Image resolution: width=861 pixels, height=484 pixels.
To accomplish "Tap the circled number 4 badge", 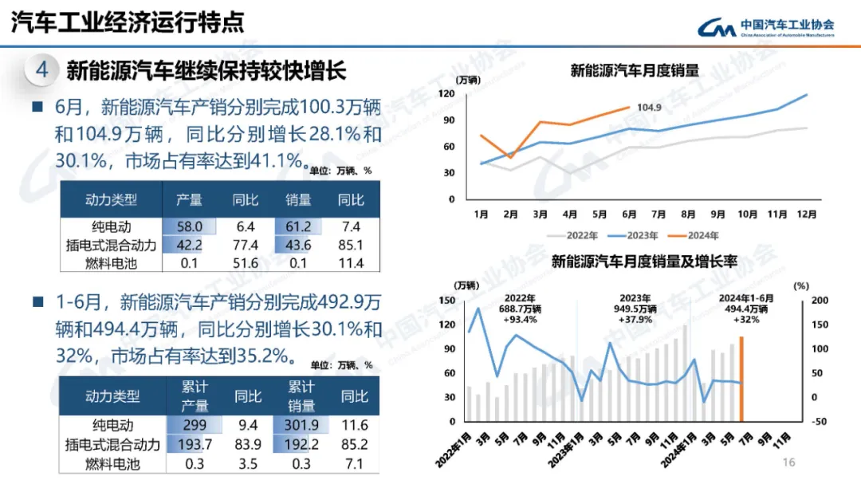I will pyautogui.click(x=42, y=70).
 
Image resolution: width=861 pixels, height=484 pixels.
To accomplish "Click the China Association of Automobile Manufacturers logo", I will pyautogui.click(x=765, y=28).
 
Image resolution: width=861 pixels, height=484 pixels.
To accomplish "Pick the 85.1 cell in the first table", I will pyautogui.click(x=351, y=246).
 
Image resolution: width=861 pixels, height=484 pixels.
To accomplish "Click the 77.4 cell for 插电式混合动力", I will pyautogui.click(x=246, y=246).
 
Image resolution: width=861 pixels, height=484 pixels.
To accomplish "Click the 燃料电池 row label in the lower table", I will pyautogui.click(x=112, y=463).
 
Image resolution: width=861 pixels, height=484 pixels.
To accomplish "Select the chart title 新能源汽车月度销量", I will pyautogui.click(x=635, y=70).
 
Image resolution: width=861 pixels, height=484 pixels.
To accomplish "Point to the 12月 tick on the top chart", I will pyautogui.click(x=806, y=214).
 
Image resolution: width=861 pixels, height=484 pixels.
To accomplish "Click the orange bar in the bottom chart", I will pyautogui.click(x=741, y=379).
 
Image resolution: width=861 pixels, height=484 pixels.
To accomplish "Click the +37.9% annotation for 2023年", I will pyautogui.click(x=635, y=320).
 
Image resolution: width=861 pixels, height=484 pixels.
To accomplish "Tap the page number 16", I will pyautogui.click(x=789, y=462).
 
